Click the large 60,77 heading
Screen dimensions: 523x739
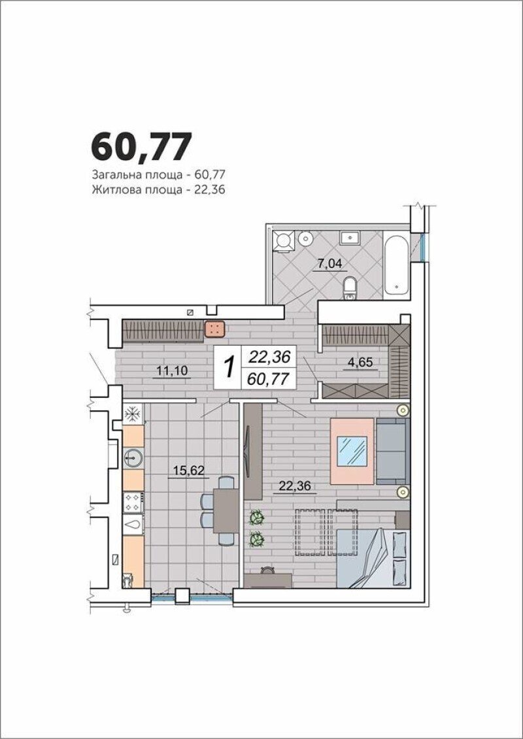tap(141, 146)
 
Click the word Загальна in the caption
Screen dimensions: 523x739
tap(113, 175)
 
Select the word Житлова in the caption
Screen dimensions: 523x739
tap(112, 190)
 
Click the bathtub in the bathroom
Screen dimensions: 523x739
tap(396, 265)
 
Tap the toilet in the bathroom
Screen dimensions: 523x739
tap(350, 288)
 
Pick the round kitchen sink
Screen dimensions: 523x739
tap(133, 457)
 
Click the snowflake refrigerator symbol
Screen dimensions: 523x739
tap(133, 414)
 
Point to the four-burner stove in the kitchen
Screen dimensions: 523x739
tap(133, 502)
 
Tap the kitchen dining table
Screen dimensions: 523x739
tap(226, 510)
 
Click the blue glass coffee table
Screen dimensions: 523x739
tap(352, 451)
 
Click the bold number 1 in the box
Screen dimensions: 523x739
tap(229, 367)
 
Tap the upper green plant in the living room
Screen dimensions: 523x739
tap(256, 517)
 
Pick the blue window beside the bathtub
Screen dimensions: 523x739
tap(422, 247)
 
